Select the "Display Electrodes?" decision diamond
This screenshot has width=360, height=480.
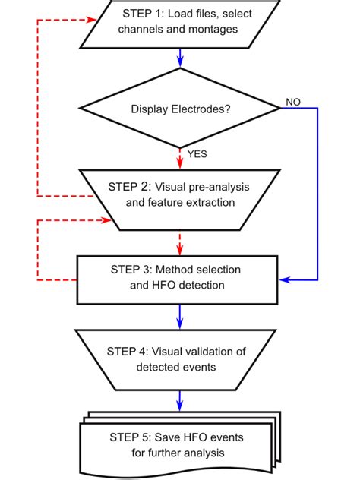click(179, 108)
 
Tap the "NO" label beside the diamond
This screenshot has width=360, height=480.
click(292, 100)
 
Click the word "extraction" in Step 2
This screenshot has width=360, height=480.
click(212, 203)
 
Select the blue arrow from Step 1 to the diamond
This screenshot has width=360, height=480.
click(179, 58)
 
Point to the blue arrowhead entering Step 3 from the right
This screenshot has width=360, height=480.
click(285, 278)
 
